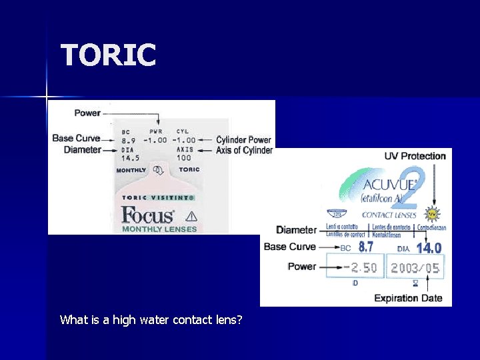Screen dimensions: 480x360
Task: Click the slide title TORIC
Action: [x=108, y=55]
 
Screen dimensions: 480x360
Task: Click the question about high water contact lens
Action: [x=151, y=320]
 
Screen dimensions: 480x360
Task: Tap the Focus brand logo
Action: [x=147, y=215]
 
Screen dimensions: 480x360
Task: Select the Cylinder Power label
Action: [x=244, y=140]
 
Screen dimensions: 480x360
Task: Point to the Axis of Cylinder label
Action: [x=244, y=151]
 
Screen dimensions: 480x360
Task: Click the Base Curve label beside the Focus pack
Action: [x=76, y=139]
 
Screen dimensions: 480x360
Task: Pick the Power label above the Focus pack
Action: [x=87, y=113]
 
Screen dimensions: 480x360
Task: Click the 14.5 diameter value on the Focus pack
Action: [x=130, y=158]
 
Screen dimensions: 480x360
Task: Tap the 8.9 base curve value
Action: [x=129, y=141]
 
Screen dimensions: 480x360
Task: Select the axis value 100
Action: [x=184, y=158]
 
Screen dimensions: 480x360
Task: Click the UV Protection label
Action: [x=415, y=156]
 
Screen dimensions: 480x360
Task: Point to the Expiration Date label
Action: [x=408, y=298]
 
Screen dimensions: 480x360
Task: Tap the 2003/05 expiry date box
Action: [x=415, y=268]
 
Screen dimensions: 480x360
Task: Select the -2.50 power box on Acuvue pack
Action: [x=359, y=268]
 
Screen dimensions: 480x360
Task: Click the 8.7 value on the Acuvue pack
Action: [x=366, y=247]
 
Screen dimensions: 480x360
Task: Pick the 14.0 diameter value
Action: [x=429, y=248]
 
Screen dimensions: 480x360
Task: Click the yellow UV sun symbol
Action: [x=432, y=214]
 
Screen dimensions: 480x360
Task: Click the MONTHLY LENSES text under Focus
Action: [x=159, y=229]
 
